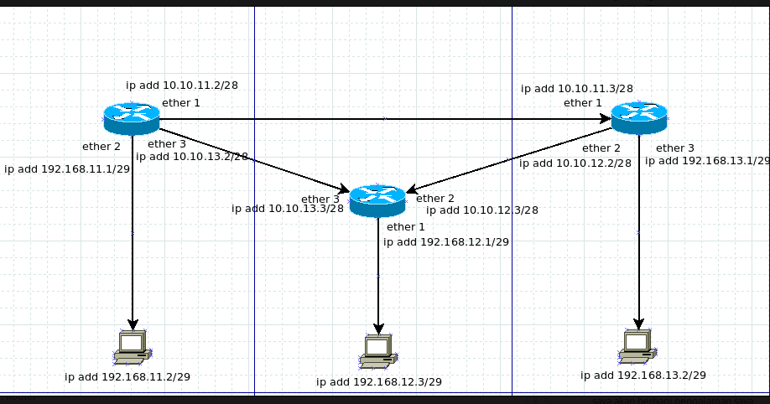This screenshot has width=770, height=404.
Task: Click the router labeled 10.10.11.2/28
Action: (132, 117)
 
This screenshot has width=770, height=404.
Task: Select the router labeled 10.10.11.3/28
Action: (638, 117)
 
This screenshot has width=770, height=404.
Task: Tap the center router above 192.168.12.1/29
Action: (377, 199)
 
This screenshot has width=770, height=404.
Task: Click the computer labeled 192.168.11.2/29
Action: (132, 347)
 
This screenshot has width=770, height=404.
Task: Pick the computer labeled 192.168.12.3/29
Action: (378, 351)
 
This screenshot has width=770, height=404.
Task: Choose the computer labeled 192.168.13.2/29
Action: (638, 346)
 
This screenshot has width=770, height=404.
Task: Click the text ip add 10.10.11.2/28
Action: (181, 85)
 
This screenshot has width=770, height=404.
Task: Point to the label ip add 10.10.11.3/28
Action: (576, 88)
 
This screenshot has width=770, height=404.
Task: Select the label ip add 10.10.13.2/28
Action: (191, 156)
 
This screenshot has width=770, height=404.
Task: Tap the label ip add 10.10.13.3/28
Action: (287, 208)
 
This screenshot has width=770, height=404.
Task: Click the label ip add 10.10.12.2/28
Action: (575, 163)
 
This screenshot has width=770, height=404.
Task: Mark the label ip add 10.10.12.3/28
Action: (481, 210)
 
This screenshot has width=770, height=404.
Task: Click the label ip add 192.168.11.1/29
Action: (67, 168)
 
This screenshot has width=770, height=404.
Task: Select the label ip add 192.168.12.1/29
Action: (445, 241)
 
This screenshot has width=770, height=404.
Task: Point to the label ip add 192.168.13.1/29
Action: (706, 160)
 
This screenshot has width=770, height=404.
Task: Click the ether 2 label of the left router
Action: (101, 147)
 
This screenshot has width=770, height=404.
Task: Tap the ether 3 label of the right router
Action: (675, 148)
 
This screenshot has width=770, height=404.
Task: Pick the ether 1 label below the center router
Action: (406, 226)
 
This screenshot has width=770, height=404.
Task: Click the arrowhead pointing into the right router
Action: (605, 119)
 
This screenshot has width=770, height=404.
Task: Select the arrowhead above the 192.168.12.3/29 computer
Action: (378, 328)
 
